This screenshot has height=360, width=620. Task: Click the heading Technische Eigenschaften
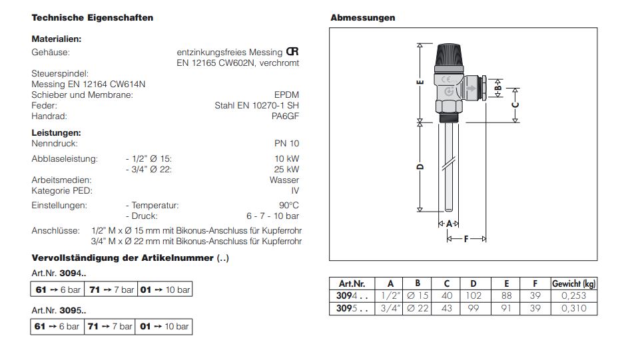(93, 18)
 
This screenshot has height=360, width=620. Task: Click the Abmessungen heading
(362, 18)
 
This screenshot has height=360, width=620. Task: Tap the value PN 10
(286, 143)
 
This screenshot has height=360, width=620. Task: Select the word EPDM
(287, 95)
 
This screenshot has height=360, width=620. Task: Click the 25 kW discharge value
(287, 169)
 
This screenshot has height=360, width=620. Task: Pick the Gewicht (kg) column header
(574, 283)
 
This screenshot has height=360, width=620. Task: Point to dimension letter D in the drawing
(420, 167)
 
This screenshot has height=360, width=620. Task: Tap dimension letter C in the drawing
(515, 104)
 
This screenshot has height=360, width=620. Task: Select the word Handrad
(47, 116)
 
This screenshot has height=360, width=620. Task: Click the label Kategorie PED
(61, 190)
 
